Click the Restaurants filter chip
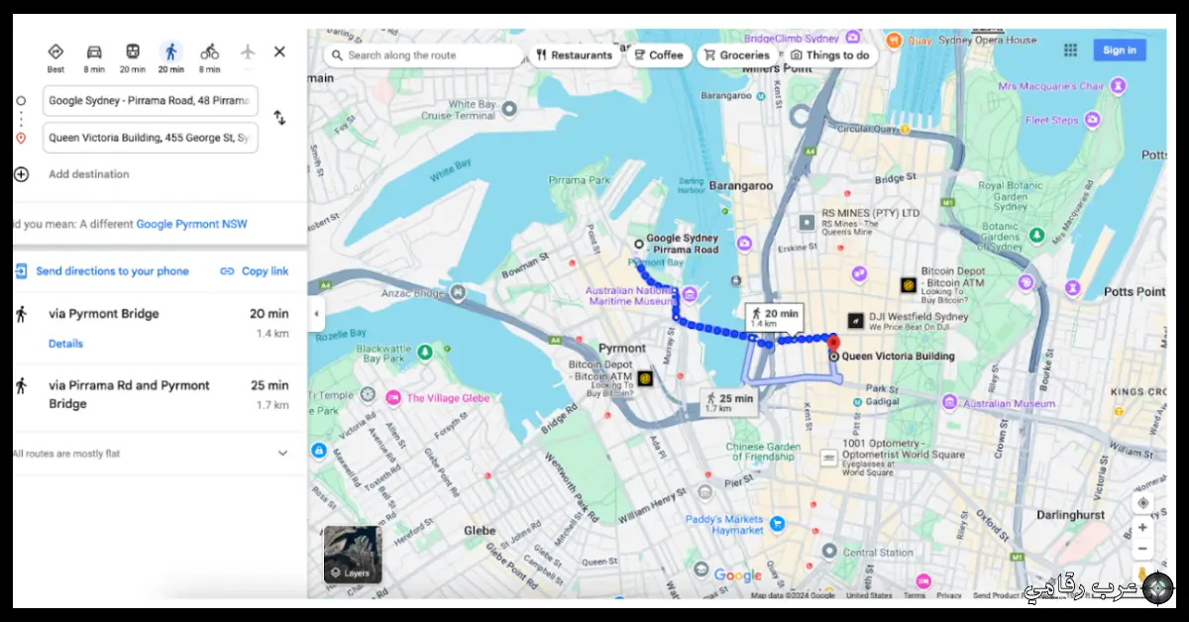(x=575, y=55)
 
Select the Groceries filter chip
(x=736, y=55)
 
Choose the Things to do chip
(x=829, y=55)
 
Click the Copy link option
(x=255, y=271)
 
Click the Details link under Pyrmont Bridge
(x=65, y=344)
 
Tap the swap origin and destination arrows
(x=279, y=118)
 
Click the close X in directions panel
(x=279, y=52)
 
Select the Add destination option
(x=88, y=174)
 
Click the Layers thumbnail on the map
(x=352, y=554)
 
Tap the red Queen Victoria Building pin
(x=834, y=343)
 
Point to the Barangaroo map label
(x=740, y=184)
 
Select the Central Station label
(x=878, y=553)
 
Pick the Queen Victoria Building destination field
(x=151, y=138)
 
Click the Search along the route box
(x=424, y=55)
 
